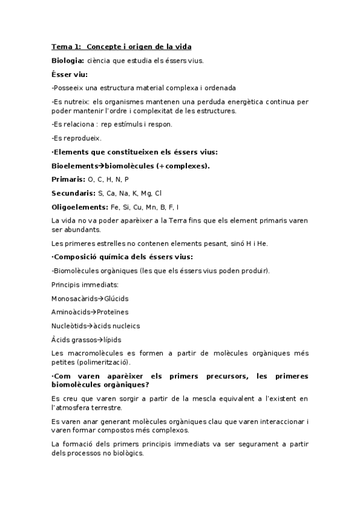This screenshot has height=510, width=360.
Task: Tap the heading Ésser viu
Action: pos(70,75)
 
